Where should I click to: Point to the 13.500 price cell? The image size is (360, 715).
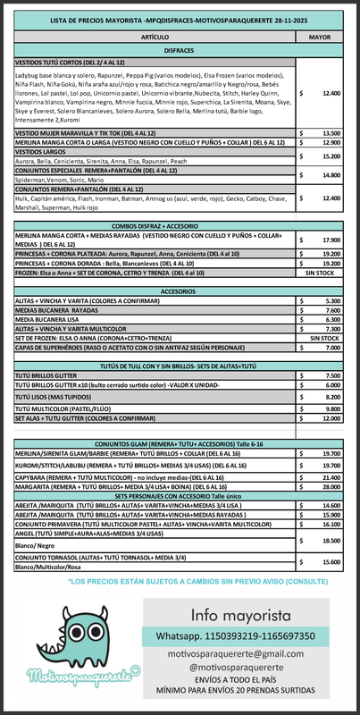click(x=330, y=133)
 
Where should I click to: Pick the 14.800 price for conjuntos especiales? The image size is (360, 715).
click(x=330, y=175)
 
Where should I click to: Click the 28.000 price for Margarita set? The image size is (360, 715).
click(x=330, y=486)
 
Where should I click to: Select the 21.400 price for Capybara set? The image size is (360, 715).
click(x=330, y=478)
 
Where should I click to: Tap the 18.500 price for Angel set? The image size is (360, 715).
click(x=330, y=541)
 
